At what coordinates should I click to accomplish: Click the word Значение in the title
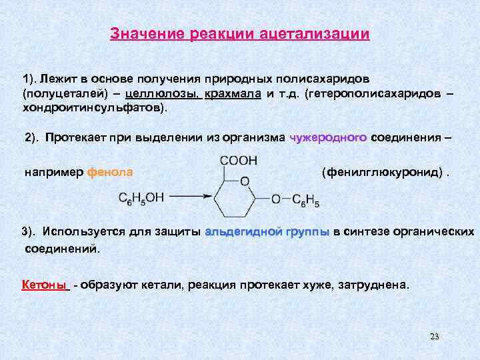click(x=147, y=33)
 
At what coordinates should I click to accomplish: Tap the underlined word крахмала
click(x=233, y=94)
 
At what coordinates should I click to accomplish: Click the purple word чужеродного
click(x=329, y=138)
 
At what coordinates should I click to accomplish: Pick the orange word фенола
click(x=110, y=172)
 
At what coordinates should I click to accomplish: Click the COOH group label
click(x=238, y=161)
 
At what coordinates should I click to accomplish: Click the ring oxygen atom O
click(x=245, y=181)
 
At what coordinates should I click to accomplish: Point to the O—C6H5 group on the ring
click(x=295, y=198)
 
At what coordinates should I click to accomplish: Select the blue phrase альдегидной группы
click(x=267, y=232)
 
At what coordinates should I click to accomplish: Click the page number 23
click(x=435, y=336)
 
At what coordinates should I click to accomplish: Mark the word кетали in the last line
click(x=166, y=285)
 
